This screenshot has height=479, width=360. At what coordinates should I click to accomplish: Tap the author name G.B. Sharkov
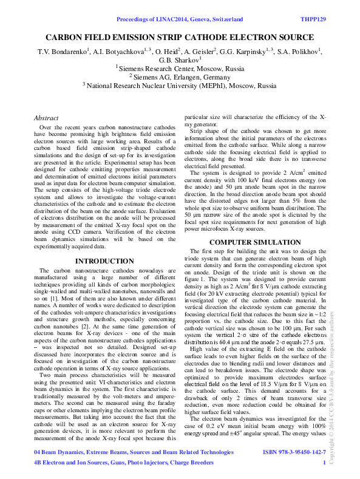[179, 60]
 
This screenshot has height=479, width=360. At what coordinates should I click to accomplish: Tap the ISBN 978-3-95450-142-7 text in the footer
[294, 452]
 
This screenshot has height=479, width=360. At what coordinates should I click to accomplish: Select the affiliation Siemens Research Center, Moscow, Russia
[180, 68]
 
